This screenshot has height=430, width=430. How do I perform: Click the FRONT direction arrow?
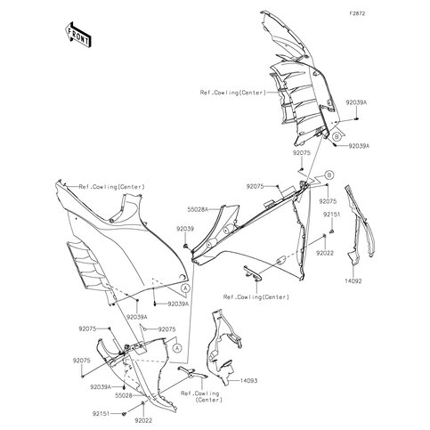[77, 34]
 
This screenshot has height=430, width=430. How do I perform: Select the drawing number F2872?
[357, 13]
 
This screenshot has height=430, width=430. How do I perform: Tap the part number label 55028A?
[198, 209]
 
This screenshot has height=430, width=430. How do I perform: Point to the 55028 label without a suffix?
[124, 395]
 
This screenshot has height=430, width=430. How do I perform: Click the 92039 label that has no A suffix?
[185, 229]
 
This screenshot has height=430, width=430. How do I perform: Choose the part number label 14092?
[353, 280]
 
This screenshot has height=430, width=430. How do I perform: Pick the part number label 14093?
[248, 380]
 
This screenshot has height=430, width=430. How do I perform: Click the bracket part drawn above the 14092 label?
[360, 225]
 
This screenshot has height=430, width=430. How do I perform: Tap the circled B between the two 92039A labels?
[337, 137]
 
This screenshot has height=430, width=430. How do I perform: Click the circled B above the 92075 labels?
[329, 174]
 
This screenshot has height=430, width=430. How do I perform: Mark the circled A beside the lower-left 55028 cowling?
[177, 348]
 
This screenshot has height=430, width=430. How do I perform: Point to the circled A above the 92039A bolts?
[185, 288]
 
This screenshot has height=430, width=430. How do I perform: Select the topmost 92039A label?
[356, 102]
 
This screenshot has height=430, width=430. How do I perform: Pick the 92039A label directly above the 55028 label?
[101, 387]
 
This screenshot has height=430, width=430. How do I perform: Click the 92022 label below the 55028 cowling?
[143, 420]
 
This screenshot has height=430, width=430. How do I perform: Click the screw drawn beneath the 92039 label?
[186, 246]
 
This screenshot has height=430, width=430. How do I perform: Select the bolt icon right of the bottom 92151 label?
[125, 413]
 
